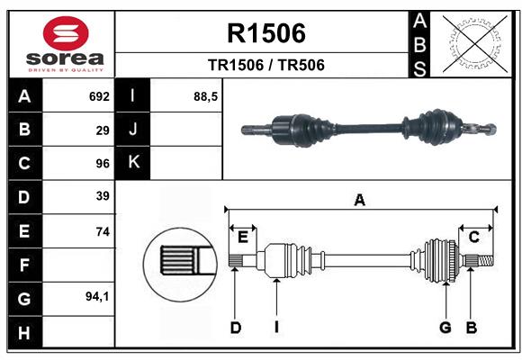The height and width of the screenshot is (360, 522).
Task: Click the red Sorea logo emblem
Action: point(65,33)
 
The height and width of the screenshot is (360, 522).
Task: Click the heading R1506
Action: point(266,33)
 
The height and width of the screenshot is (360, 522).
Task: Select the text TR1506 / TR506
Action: point(266,65)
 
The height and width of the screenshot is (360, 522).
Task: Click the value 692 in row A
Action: point(99,95)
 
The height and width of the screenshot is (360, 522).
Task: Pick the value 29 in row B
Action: point(103,130)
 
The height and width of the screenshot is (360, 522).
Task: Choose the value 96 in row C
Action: point(103,163)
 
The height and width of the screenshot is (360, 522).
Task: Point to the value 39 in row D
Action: point(103,196)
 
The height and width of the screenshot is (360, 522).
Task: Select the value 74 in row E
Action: point(103,231)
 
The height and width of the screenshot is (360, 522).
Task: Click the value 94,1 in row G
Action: point(97,296)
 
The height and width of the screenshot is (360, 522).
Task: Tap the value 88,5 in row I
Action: point(206,95)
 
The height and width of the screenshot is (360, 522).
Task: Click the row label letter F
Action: point(24,265)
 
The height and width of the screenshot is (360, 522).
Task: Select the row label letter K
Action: point(134,163)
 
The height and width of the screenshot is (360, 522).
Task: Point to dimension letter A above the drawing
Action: point(359,200)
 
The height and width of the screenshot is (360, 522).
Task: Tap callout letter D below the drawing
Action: point(236,328)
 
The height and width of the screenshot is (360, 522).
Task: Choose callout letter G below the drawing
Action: point(445,328)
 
